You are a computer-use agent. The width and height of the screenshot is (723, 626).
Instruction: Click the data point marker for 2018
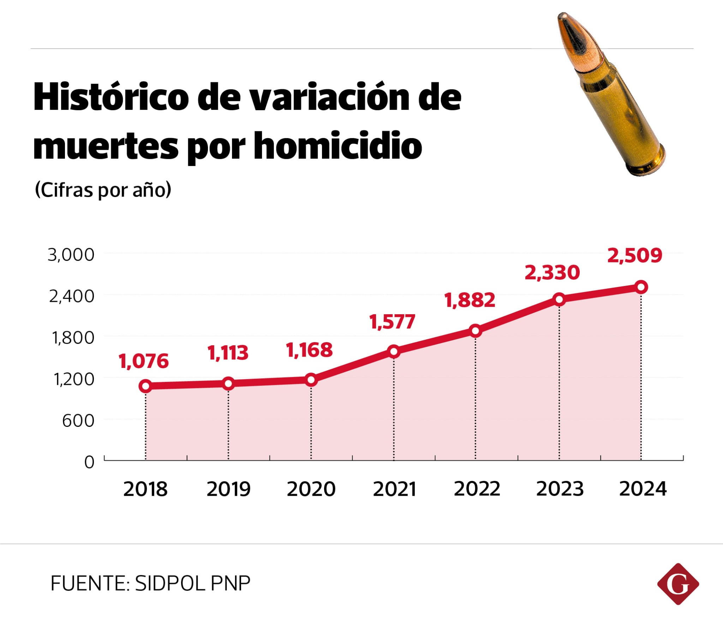pyautogui.click(x=145, y=386)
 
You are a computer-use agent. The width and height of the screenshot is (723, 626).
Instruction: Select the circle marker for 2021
pyautogui.click(x=394, y=352)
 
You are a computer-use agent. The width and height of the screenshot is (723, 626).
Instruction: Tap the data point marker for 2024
pyautogui.click(x=641, y=287)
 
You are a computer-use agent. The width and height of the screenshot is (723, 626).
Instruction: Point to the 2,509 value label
pyautogui.click(x=634, y=256)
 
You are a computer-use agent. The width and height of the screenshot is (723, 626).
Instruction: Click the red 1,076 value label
pyautogui.click(x=144, y=361)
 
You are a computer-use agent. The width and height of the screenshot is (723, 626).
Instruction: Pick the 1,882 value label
pyautogui.click(x=470, y=300)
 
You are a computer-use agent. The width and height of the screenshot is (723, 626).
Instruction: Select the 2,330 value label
pyautogui.click(x=552, y=273)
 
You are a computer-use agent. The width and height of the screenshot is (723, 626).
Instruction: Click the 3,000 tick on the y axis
pyautogui.click(x=71, y=255)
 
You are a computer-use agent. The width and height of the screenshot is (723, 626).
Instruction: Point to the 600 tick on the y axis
pyautogui.click(x=78, y=421)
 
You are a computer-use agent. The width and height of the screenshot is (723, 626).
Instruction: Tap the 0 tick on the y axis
pyautogui.click(x=89, y=462)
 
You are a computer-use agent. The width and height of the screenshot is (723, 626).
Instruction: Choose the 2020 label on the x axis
pyautogui.click(x=311, y=489)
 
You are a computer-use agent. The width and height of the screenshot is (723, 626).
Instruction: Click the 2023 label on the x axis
pyautogui.click(x=560, y=489)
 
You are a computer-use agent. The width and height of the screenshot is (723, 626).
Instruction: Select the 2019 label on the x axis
pyautogui.click(x=228, y=489)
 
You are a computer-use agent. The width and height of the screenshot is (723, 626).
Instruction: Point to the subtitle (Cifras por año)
pyautogui.click(x=103, y=190)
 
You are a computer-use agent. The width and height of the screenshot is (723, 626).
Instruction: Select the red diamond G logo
pyautogui.click(x=678, y=584)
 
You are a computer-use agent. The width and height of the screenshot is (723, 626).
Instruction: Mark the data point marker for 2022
pyautogui.click(x=476, y=331)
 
